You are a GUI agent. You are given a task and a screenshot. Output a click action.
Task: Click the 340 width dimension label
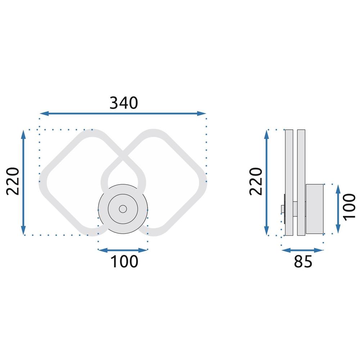pos(123,103)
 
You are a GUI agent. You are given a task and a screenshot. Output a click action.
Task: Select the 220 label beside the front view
pos(13,181)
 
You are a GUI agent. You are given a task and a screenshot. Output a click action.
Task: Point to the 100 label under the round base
pos(123,262)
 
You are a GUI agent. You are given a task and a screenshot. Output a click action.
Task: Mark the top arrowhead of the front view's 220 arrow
pos(23,134)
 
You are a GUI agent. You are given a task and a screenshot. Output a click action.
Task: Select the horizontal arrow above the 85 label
pos(303,250)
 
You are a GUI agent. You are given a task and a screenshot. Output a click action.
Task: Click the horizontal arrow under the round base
pos(123,250)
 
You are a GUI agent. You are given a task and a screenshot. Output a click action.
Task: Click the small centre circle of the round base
pos(123,209)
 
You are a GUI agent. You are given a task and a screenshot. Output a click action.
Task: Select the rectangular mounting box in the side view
pos(315,209)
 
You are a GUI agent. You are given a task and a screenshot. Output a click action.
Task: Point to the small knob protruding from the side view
pos(282,209)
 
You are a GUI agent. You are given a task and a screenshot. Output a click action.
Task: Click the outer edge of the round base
pos(100,209)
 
